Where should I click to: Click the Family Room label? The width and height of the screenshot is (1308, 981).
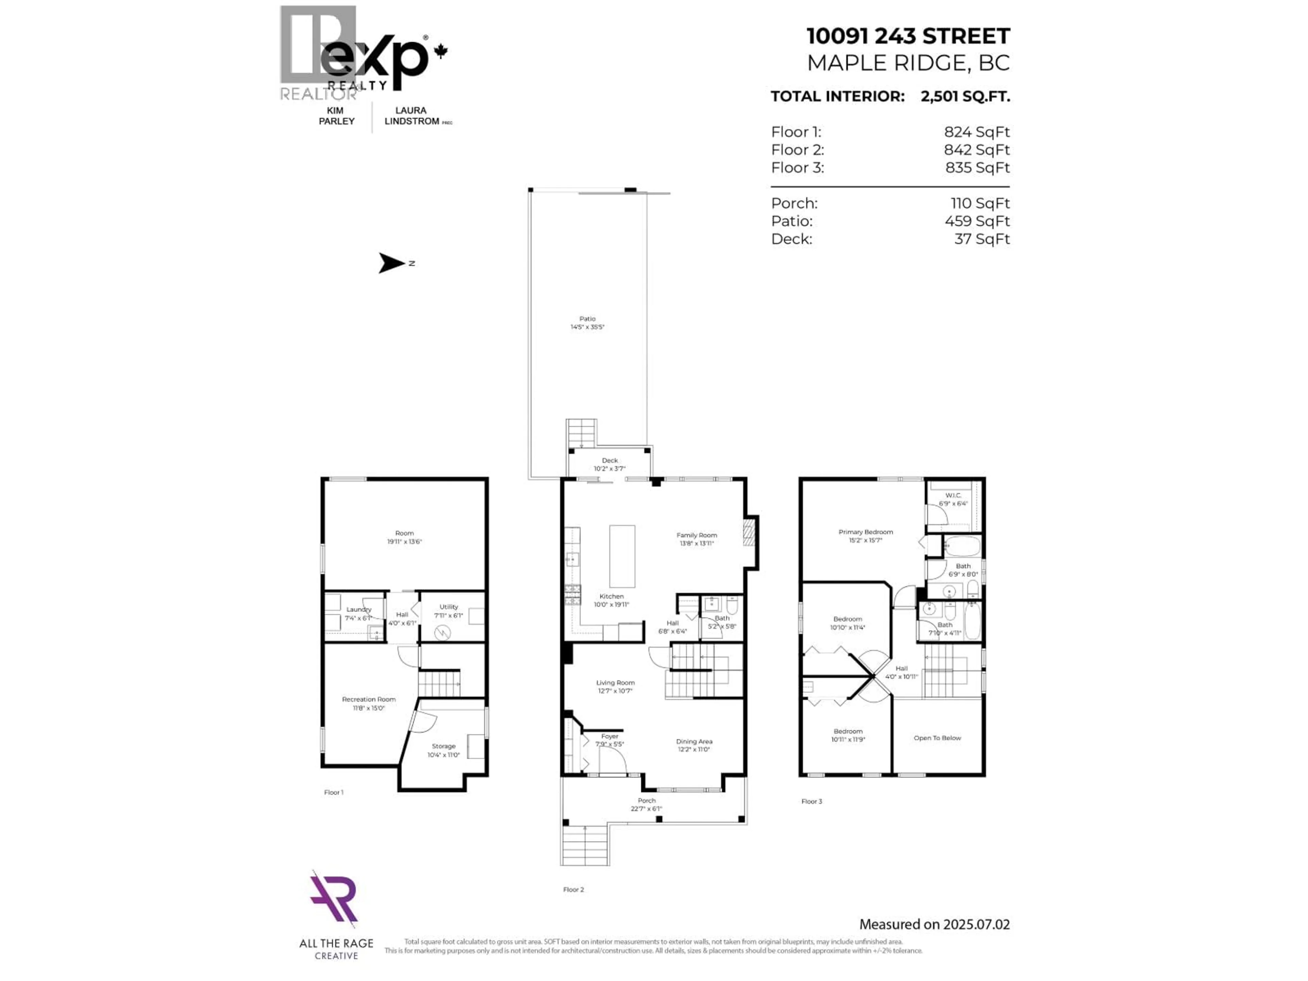697,535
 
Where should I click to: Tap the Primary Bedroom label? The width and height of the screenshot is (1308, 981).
866,532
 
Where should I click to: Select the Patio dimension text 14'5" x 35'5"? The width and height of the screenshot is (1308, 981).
587,327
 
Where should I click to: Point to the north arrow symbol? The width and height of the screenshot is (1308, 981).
391,263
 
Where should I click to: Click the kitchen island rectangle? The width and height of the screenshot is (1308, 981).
622,556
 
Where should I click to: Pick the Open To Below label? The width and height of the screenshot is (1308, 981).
937,738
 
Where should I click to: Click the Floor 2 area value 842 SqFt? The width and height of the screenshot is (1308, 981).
977,150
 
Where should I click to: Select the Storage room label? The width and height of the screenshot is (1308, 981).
443,746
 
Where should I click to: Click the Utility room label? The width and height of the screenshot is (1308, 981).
449,607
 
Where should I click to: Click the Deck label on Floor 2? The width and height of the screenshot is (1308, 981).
610,461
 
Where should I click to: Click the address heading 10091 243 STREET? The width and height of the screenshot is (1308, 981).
908,36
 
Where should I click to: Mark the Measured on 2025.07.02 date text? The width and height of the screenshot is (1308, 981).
934,924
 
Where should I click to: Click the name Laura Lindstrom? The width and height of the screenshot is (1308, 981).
411,116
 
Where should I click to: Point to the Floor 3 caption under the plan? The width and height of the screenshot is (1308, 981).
811,801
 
